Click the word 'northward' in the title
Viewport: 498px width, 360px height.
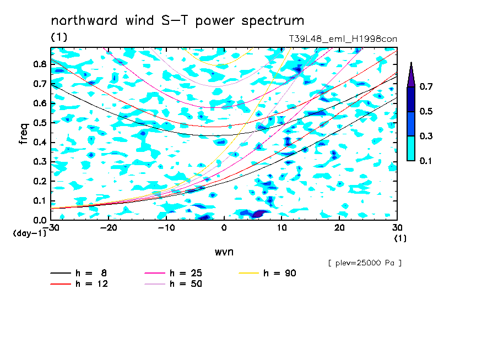coord(84,20)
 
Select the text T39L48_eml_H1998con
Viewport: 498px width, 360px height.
coord(343,39)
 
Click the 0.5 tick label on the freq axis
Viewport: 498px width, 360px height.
coord(40,123)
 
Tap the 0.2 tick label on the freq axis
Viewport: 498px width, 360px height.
coord(40,181)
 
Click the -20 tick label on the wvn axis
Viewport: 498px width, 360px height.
coord(109,228)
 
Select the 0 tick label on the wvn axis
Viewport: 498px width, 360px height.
coord(224,228)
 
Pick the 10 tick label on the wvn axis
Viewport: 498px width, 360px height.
coord(282,228)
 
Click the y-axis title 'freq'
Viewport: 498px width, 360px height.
coord(24,133)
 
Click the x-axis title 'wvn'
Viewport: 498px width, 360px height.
coord(224,252)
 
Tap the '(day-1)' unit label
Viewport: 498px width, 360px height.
coord(30,233)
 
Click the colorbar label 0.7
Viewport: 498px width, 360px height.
coord(426,86)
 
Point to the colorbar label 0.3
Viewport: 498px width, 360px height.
coord(426,136)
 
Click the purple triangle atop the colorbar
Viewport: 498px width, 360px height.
coord(411,75)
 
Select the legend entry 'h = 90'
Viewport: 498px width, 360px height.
coord(267,273)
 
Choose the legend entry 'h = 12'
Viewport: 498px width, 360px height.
coord(79,284)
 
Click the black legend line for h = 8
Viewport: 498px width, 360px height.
coord(61,273)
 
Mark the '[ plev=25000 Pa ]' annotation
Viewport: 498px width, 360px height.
coord(365,263)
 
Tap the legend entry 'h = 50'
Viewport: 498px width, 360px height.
coord(174,284)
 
